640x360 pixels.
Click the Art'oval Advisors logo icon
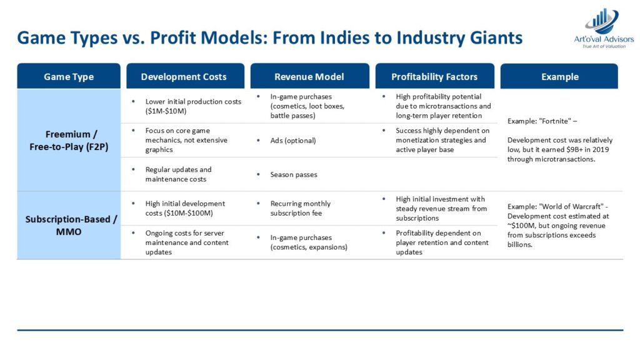[x=602, y=21]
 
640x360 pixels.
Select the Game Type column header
[x=69, y=76]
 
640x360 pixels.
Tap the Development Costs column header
[x=185, y=76]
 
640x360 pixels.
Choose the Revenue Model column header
[x=310, y=76]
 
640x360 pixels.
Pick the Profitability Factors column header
[x=435, y=76]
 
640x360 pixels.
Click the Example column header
[x=559, y=76]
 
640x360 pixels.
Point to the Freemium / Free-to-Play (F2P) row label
[x=69, y=141]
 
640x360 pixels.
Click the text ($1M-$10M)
[x=166, y=111]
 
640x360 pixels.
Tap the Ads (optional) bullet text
[x=293, y=141]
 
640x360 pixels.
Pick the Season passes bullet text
[x=294, y=175]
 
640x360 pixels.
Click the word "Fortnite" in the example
[x=555, y=121]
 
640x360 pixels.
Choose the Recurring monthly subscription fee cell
[x=300, y=208]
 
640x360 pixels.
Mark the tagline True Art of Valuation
[x=604, y=46]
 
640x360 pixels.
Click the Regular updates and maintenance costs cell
[x=178, y=174]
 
